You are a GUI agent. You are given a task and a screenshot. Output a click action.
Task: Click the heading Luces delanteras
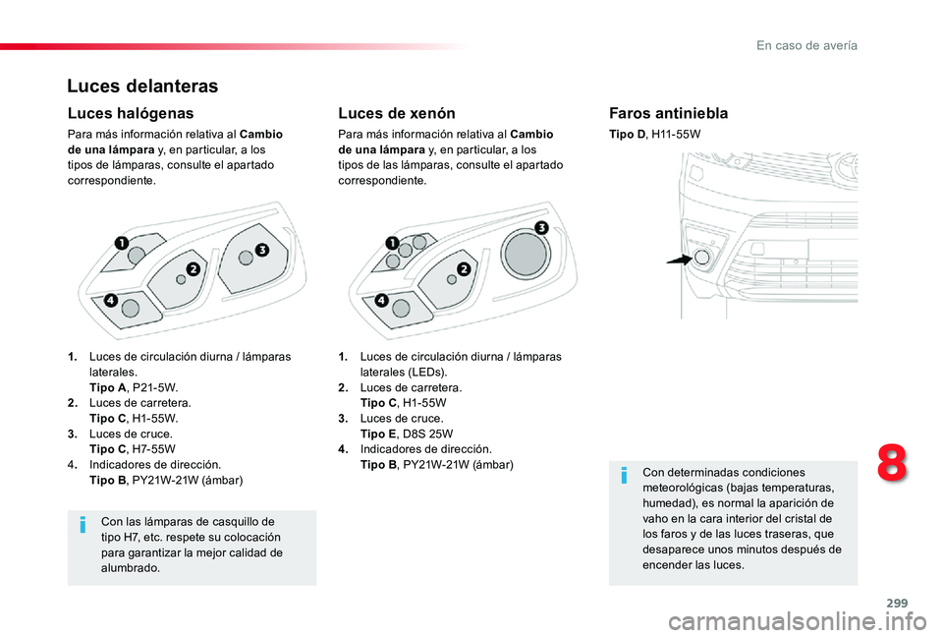[x=142, y=87]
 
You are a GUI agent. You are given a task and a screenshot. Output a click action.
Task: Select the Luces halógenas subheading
[x=131, y=114]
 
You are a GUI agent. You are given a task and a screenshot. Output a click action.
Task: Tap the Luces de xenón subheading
[x=396, y=114]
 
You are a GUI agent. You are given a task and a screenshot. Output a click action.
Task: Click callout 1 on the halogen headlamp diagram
[x=121, y=242]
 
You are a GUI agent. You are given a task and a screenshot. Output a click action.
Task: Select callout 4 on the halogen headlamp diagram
[x=110, y=299]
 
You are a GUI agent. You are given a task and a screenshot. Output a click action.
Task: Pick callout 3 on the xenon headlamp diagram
[x=541, y=228]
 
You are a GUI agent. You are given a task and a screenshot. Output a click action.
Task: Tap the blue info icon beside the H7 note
[x=83, y=528]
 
